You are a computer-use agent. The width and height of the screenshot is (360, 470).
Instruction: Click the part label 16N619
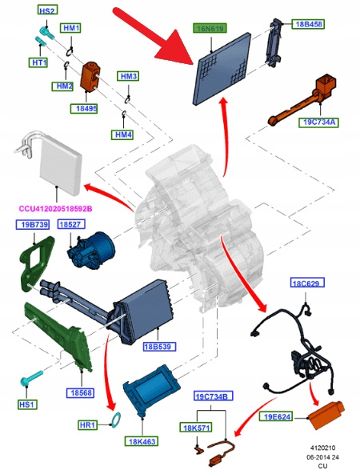coord(210,28)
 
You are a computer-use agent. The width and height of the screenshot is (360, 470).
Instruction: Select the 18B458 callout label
coord(309,24)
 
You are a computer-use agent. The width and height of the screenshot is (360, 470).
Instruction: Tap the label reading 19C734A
coord(319,123)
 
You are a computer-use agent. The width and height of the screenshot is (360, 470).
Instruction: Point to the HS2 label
coord(47,10)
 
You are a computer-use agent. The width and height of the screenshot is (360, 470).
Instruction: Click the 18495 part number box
coord(84,108)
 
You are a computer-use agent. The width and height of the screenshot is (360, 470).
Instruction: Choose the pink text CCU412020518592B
coord(55,209)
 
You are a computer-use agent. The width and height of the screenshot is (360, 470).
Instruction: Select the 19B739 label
coord(32,224)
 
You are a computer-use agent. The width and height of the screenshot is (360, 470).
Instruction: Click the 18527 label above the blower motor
coord(71,224)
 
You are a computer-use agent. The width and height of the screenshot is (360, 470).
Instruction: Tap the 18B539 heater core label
coord(159,347)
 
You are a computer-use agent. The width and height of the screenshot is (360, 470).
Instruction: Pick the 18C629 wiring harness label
coord(307,283)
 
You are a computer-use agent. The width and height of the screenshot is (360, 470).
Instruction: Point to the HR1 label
coord(87,424)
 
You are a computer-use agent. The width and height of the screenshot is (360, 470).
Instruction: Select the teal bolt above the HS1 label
coord(31,378)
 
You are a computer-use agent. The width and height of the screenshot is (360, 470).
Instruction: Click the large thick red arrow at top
coord(154,37)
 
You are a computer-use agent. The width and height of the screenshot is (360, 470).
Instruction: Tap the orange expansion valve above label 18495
coord(90,75)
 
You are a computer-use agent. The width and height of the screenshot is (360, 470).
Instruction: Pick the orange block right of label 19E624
coord(326,415)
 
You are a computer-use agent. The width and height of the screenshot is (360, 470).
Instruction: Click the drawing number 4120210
coord(322,448)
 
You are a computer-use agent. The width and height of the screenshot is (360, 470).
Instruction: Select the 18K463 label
coord(141,441)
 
